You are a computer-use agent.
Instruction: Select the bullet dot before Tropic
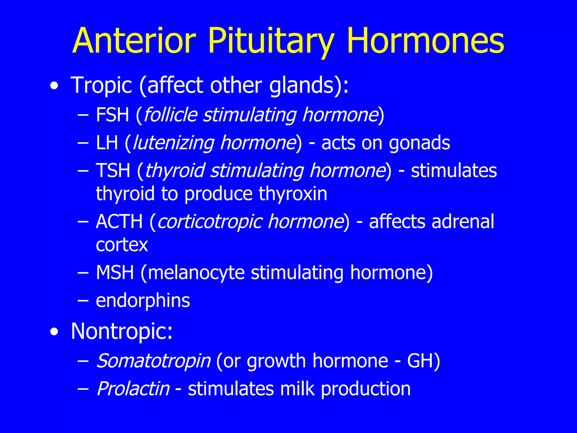tap(54, 86)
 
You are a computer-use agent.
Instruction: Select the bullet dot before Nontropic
tap(54, 332)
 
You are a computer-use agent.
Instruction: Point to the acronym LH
tap(107, 143)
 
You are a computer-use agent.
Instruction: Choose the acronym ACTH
tap(119, 222)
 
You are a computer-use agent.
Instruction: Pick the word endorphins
tap(143, 301)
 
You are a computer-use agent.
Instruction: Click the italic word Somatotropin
tap(153, 361)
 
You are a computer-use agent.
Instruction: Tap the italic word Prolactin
tap(133, 389)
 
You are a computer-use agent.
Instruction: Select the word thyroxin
tap(293, 194)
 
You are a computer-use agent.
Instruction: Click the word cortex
tap(122, 245)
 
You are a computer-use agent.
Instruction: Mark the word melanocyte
tap(196, 273)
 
